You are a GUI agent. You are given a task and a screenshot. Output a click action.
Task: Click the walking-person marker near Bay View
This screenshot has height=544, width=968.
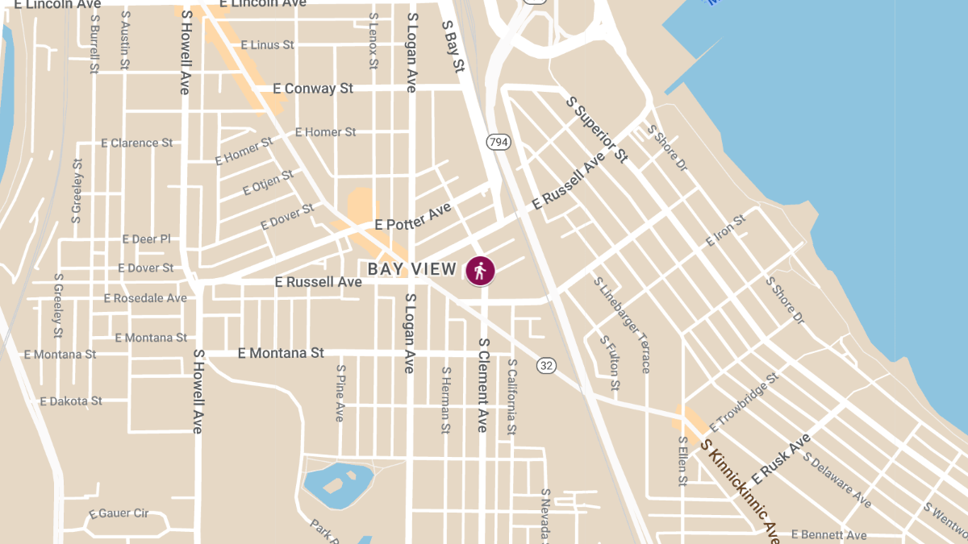coord(480,272)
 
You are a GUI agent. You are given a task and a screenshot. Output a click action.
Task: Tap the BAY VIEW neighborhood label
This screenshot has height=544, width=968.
coord(412,269)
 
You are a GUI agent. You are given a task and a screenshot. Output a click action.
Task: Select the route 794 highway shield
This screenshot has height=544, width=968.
coord(499,143)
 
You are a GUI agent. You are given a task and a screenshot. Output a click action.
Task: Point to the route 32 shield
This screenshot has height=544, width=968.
coord(547,365)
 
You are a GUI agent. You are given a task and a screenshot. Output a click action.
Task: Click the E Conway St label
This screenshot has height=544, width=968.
coord(313,89)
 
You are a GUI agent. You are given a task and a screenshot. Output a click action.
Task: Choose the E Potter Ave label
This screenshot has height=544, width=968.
coord(413,218)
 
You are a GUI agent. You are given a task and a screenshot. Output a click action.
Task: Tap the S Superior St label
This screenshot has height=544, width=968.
coord(597,129)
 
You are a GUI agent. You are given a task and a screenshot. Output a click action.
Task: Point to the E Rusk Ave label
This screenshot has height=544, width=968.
coord(780,459)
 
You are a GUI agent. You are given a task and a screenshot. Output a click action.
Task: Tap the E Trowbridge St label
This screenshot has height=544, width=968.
coord(743,401)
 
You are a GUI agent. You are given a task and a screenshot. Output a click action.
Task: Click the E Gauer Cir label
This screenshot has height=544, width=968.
coord(119,513)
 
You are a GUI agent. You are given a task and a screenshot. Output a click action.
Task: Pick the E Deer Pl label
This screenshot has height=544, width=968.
coord(146,239)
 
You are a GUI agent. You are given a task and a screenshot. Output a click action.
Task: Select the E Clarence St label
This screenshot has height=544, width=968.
coord(136,143)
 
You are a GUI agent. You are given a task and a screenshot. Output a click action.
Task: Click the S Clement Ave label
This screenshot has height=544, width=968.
coord(483,384)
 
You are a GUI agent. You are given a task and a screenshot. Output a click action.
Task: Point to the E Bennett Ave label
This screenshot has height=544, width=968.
coord(828,535)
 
